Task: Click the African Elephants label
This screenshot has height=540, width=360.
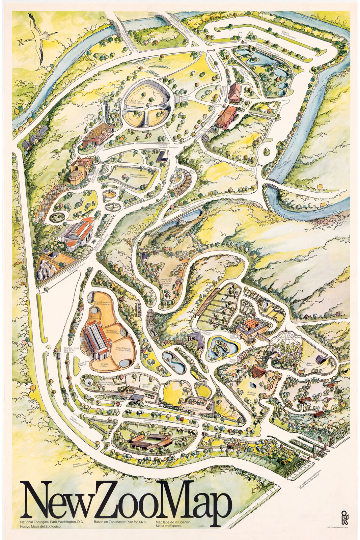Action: (103, 303)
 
